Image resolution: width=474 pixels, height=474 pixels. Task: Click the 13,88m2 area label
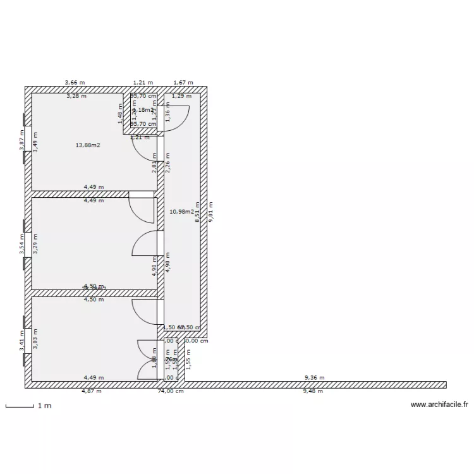pos(88,145)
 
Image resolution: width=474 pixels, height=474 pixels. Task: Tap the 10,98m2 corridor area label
pos(181,212)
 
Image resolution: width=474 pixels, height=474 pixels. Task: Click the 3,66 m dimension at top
pos(75,83)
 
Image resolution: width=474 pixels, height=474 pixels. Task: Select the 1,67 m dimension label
pos(183,83)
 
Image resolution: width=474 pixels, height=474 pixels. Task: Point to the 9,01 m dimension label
pos(211,212)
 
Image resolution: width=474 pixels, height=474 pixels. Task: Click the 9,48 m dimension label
pos(313,391)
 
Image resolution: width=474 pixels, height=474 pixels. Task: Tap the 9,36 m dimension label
pos(314,378)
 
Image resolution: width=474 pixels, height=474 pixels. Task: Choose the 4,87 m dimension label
pos(92,391)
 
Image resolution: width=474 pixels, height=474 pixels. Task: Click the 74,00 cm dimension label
pos(171,391)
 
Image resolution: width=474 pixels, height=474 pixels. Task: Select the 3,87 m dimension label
pos(21,140)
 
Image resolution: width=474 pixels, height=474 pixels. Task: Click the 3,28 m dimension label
pos(76,97)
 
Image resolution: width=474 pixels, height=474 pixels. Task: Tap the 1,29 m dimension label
pos(182,96)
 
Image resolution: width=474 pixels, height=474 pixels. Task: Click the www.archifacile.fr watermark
pos(439,404)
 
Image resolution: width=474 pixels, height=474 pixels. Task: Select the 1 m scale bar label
pos(44,406)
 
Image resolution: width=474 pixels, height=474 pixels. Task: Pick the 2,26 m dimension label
pos(167,164)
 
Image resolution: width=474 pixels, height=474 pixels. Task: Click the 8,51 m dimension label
pos(198,212)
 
